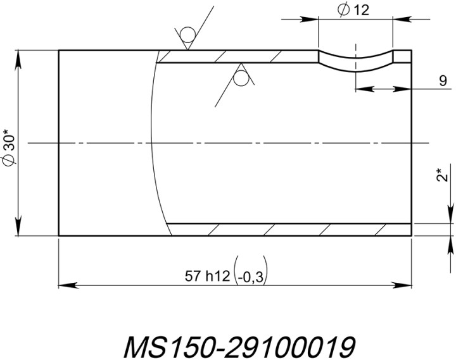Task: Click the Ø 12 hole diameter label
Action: (x=354, y=9)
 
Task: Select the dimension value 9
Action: (x=442, y=80)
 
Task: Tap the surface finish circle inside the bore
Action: (x=241, y=78)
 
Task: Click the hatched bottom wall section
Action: (x=291, y=229)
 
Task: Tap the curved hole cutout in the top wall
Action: (x=355, y=63)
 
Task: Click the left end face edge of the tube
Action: (x=59, y=143)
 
